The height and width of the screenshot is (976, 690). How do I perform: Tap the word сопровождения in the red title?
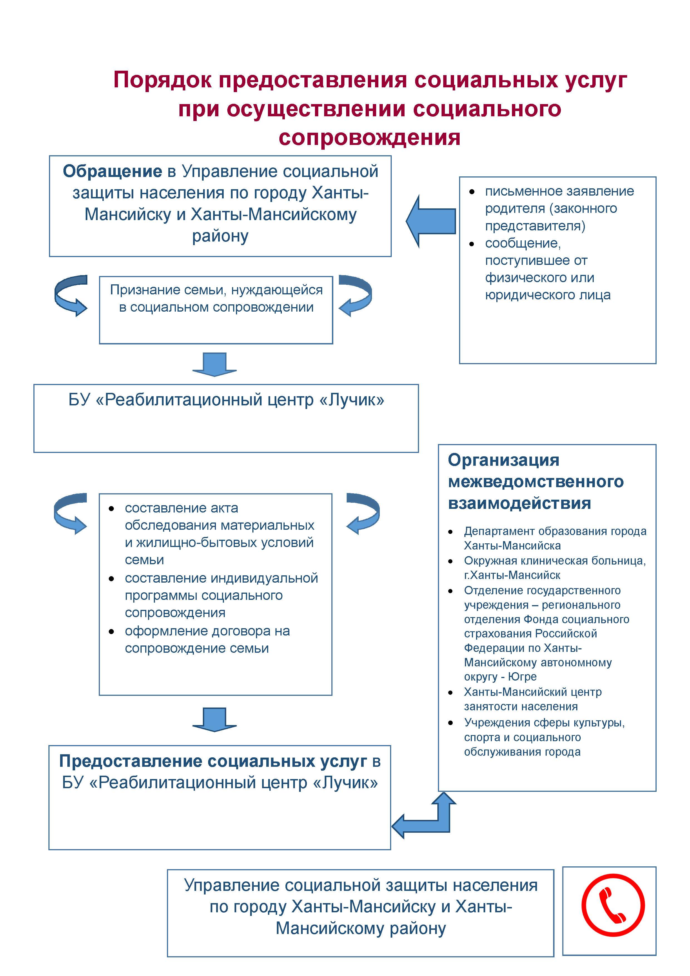(369, 137)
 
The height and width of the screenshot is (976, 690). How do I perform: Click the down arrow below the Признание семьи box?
(214, 364)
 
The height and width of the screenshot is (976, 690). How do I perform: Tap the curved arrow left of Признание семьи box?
(71, 295)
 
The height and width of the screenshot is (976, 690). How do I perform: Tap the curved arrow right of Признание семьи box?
(355, 295)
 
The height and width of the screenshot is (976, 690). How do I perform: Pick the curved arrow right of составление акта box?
(363, 513)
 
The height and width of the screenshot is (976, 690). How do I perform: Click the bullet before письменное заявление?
(472, 192)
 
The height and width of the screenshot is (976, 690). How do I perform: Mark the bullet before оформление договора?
(111, 632)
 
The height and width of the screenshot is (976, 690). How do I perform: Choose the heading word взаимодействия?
(519, 503)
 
